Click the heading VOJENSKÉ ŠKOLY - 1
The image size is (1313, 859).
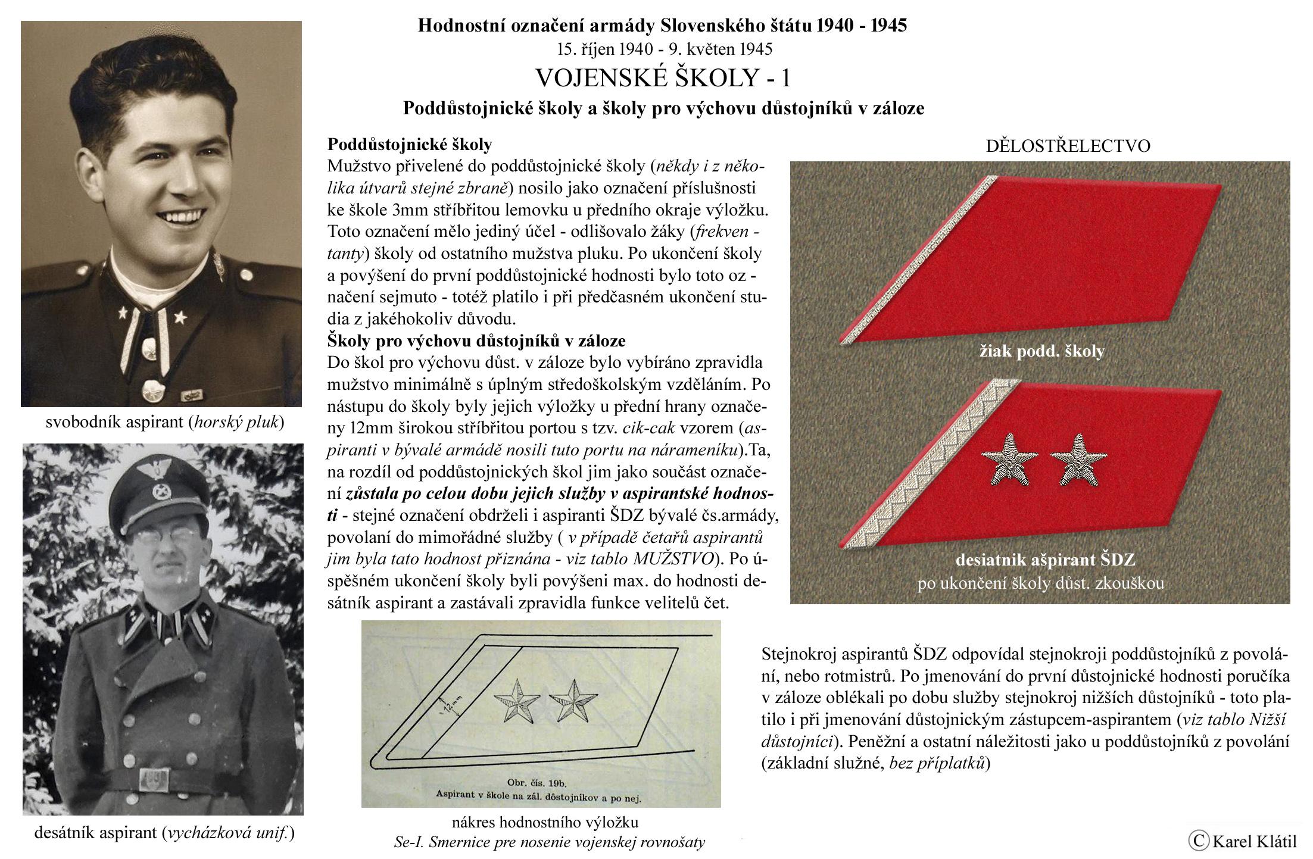point(663,78)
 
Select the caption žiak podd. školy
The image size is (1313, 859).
point(1042,351)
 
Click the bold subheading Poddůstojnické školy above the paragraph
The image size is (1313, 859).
point(410,145)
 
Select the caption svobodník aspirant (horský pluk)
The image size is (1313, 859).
point(165,423)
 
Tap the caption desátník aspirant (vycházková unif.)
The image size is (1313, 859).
point(165,833)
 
